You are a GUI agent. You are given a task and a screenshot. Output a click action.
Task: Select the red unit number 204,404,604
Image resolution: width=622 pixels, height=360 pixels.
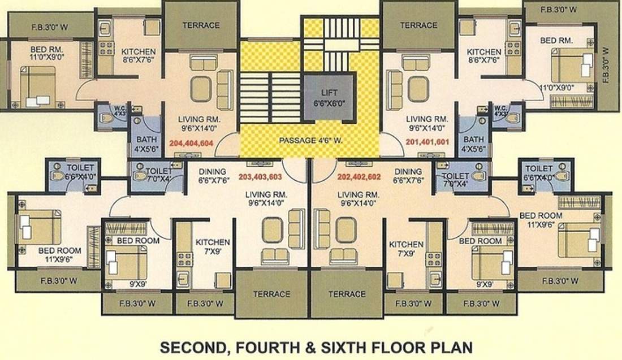[x=191, y=143]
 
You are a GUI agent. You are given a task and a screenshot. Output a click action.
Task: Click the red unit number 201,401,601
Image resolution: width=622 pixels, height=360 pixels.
[x=427, y=142]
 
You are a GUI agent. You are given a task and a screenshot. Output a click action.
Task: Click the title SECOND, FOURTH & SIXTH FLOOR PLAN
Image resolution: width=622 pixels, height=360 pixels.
[x=316, y=346]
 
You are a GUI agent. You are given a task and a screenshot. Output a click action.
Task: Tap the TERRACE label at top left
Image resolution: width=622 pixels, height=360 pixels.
[x=201, y=25]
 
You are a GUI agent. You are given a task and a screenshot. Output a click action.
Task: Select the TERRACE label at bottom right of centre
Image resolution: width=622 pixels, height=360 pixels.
[x=347, y=294]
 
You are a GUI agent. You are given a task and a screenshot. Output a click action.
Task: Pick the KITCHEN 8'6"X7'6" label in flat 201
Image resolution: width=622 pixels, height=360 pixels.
[x=484, y=56]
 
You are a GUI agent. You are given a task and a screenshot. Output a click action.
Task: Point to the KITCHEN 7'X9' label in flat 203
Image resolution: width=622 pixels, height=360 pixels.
[x=213, y=246]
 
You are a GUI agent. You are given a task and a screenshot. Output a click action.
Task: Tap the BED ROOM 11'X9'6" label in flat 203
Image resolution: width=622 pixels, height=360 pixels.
[x=59, y=254]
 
